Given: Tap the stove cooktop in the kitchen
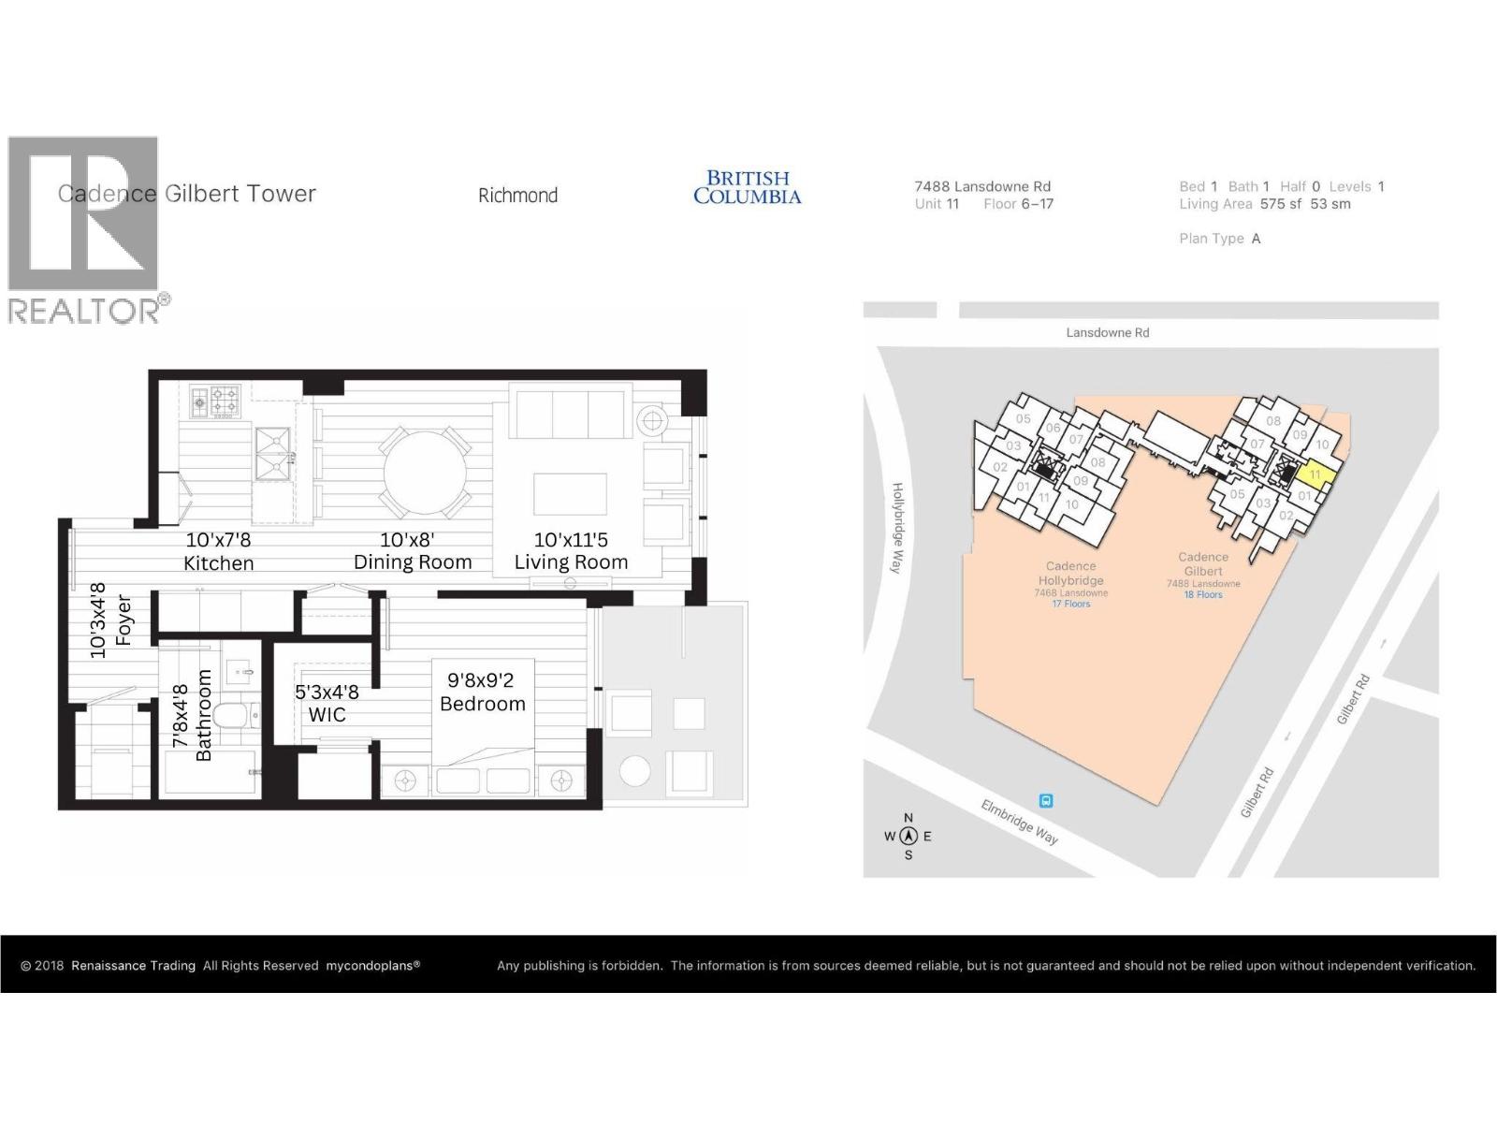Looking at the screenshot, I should pos(216,401).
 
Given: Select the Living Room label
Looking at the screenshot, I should pos(571,562).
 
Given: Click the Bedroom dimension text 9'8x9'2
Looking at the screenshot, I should pos(480,680).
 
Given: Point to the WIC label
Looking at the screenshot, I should pos(327,715).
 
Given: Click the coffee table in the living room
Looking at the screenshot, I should pos(570,493).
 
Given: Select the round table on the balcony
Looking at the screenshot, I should pos(635,772).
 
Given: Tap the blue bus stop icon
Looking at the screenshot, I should pos(1046,801).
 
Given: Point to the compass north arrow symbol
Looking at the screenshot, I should pos(908,837).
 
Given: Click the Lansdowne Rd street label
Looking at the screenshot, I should pos(1108,332).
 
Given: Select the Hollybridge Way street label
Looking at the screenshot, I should pos(898,528).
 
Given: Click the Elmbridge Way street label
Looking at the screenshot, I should pos(1020,822).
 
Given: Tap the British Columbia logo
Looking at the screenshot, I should pos(747,187).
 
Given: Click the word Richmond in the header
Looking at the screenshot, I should pos(517,196).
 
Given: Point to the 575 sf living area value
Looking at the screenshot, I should pos(1280,204).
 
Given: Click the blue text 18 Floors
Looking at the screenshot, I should pos(1203,595).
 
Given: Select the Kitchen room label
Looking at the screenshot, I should pos(218,563).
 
